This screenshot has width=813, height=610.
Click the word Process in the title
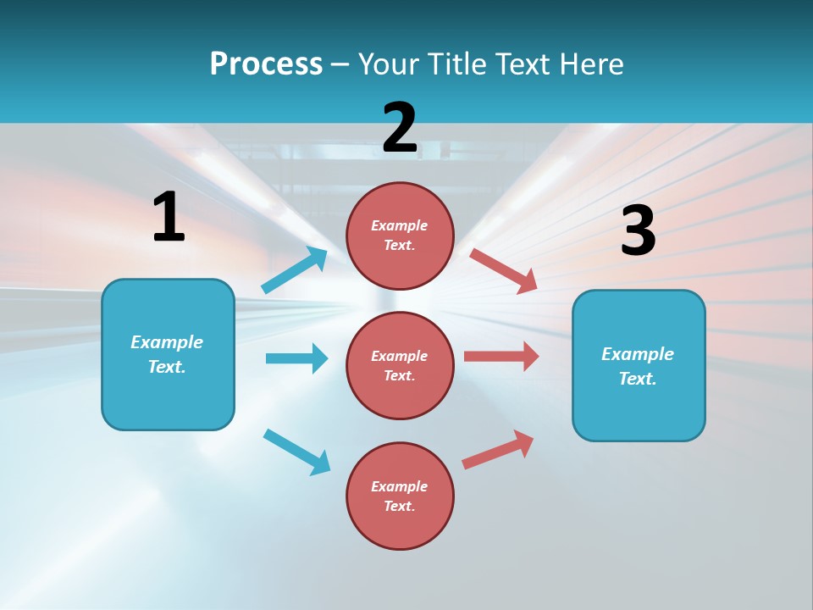pyautogui.click(x=266, y=64)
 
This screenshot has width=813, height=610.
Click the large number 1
pyautogui.click(x=169, y=217)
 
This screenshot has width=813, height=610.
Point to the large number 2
pyautogui.click(x=400, y=128)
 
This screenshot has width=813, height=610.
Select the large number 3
pyautogui.click(x=638, y=230)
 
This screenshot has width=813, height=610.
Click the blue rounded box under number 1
pyautogui.click(x=168, y=354)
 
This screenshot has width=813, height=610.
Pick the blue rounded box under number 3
pyautogui.click(x=639, y=365)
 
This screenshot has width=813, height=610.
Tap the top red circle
pyautogui.click(x=400, y=236)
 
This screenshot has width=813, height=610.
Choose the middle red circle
pyautogui.click(x=400, y=365)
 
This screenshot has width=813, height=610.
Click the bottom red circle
pyautogui.click(x=400, y=496)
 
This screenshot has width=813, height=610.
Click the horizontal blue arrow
pyautogui.click(x=296, y=358)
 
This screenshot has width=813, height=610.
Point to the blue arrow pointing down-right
pyautogui.click(x=297, y=452)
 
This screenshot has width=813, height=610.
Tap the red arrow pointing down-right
pyautogui.click(x=504, y=270)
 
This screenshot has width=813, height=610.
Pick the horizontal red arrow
pyautogui.click(x=501, y=356)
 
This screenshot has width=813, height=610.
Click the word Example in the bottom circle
pyautogui.click(x=400, y=486)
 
